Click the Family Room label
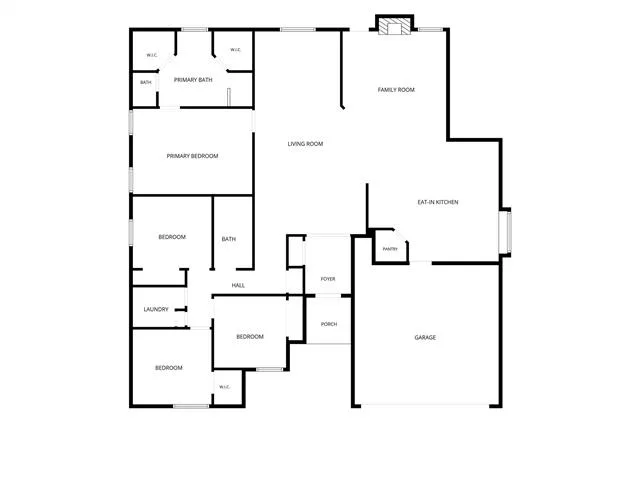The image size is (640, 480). (x=396, y=90)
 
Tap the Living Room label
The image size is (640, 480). (x=305, y=144)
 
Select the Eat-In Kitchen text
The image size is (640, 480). (x=438, y=202)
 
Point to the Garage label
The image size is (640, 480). (x=425, y=338)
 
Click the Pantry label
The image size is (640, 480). (x=390, y=249)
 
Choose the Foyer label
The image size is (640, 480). (x=328, y=279)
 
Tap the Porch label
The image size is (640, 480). (x=329, y=324)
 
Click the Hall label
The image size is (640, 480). (x=238, y=285)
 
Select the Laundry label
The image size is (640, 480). (x=156, y=309)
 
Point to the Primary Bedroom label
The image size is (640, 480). (x=192, y=156)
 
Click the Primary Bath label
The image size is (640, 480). (x=193, y=80)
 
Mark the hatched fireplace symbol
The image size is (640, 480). (x=394, y=26)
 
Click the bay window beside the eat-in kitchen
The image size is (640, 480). (x=506, y=232)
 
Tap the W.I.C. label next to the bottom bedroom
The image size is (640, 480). (x=224, y=387)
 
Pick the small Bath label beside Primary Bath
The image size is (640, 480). (x=146, y=82)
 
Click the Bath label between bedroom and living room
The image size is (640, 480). (x=229, y=239)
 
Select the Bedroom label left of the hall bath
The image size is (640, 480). (x=172, y=237)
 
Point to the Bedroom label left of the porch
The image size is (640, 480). (x=250, y=337)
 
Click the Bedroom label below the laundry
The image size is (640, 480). (x=169, y=368)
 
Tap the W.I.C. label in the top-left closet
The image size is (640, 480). (x=152, y=55)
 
